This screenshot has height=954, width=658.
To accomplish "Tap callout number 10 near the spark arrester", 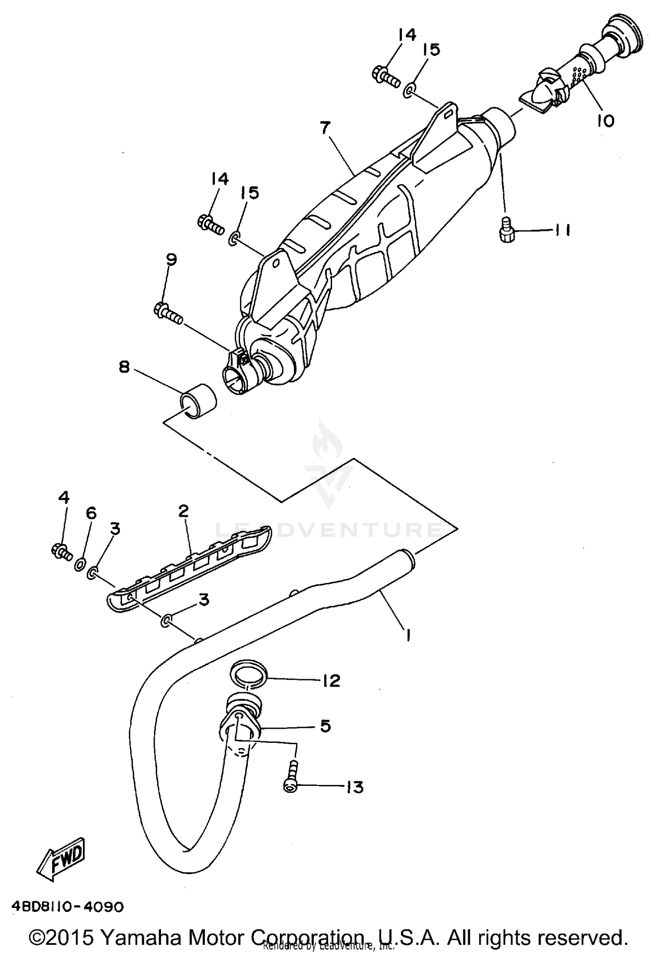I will click(605, 120).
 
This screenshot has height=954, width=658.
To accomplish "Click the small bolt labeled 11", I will click(507, 230).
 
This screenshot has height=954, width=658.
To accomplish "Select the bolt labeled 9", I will click(168, 313).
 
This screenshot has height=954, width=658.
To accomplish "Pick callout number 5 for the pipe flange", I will click(325, 726).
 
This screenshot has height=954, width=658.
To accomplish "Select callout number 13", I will click(354, 787).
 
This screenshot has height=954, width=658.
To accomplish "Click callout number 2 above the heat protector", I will click(183, 510).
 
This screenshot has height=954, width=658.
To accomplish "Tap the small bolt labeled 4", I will click(61, 551).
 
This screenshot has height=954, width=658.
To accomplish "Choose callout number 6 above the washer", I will click(91, 513).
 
